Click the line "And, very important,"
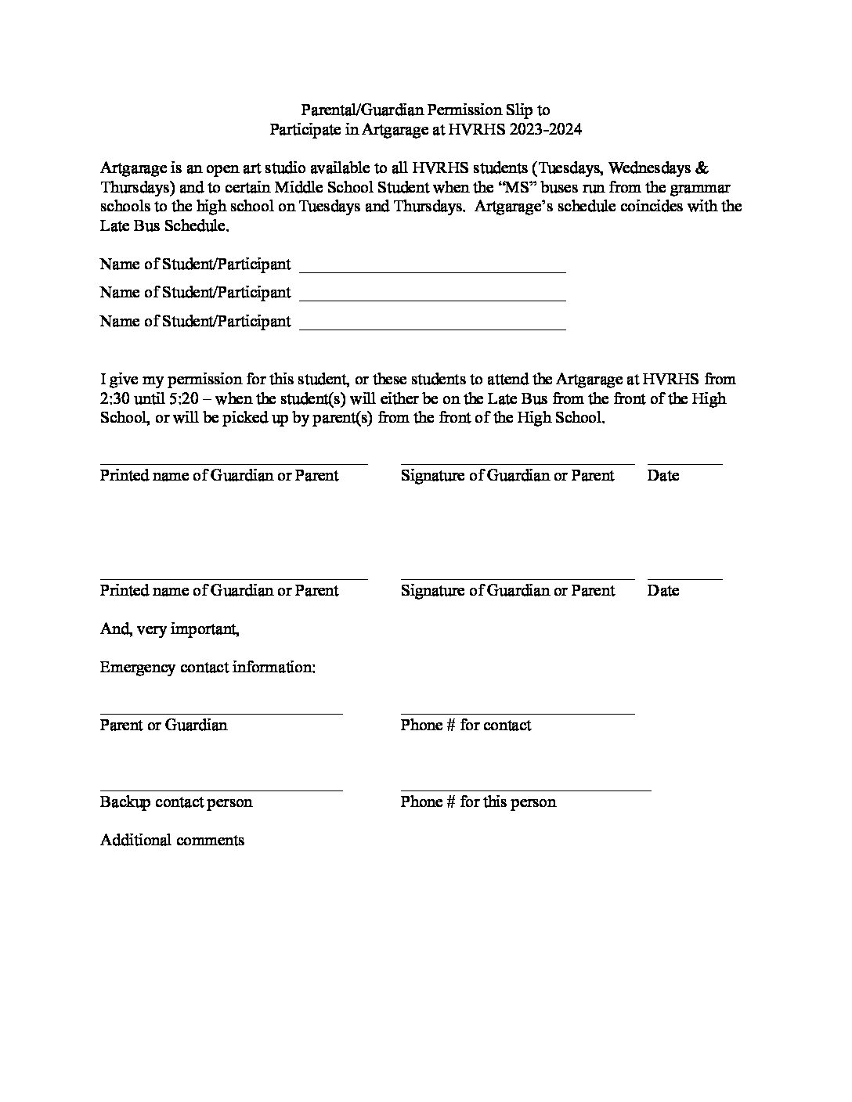169,628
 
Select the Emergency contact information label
208,668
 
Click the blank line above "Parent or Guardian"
221,713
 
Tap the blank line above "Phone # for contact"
517,713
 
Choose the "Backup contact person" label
176,802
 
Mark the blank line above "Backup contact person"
221,790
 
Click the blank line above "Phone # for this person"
525,790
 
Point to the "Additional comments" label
172,841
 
